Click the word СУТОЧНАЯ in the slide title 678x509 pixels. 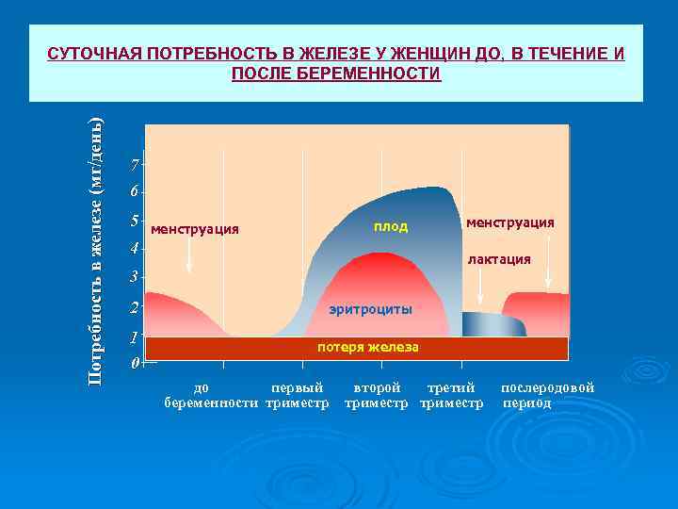(x=91, y=54)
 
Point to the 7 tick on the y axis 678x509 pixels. (x=136, y=166)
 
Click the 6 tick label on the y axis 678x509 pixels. (x=135, y=192)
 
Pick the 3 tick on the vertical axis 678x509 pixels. (x=135, y=277)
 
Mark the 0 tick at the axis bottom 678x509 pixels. (x=136, y=363)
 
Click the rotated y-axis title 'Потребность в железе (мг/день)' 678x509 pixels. (x=95, y=250)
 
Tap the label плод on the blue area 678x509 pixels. (x=390, y=227)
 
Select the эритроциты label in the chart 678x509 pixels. (x=370, y=309)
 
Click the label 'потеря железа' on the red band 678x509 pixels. (x=368, y=347)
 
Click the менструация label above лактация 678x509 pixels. (x=509, y=222)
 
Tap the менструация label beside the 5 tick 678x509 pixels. (x=195, y=229)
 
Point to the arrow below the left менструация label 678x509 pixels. (x=189, y=254)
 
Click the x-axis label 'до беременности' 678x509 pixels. (x=211, y=395)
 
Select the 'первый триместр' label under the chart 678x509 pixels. (x=297, y=395)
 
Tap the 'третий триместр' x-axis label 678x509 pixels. (x=451, y=395)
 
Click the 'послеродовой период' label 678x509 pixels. (x=547, y=395)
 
